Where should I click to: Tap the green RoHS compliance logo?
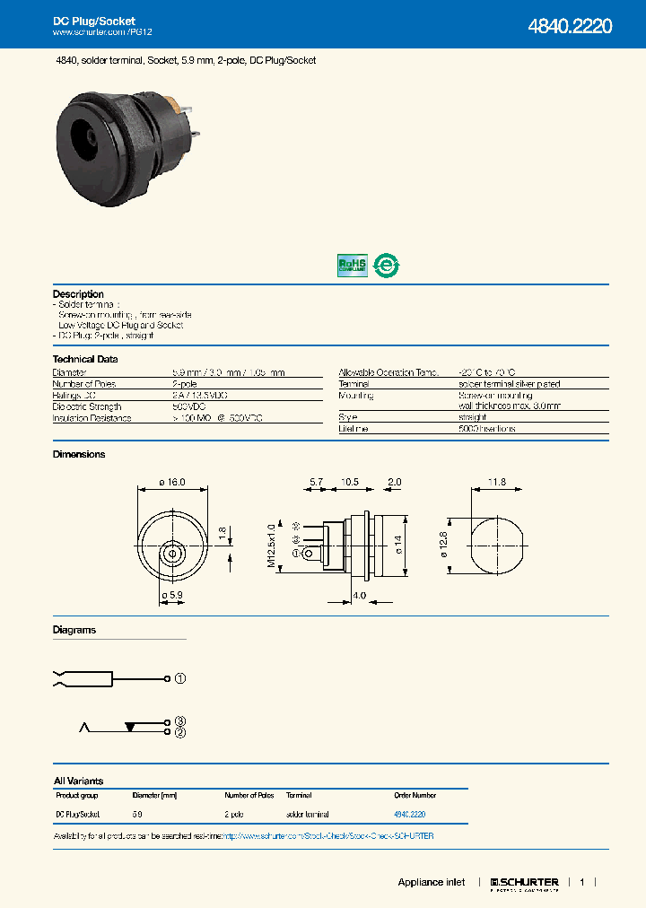352,265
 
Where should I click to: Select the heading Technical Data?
85,359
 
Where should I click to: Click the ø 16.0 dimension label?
171,483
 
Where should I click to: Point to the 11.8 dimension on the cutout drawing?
496,483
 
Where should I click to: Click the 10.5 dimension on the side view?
350,483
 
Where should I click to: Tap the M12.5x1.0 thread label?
272,539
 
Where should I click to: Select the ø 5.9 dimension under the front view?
171,595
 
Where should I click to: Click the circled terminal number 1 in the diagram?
179,678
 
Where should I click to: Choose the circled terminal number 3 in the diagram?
179,721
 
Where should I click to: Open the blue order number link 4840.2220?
409,814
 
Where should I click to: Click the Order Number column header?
415,795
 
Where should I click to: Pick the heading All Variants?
78,781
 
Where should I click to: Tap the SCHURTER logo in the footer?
524,883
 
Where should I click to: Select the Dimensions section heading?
79,454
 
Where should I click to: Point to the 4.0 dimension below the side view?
358,596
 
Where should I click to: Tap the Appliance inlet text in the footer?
431,883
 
